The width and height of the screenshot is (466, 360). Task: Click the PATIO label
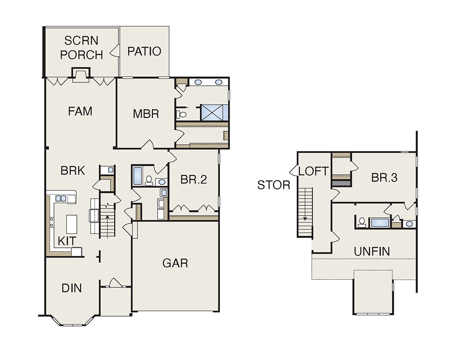pyautogui.click(x=144, y=51)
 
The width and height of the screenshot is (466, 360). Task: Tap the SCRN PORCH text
pyautogui.click(x=82, y=48)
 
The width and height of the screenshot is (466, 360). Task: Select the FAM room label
pyautogui.click(x=80, y=111)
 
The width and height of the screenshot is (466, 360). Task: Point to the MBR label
pyautogui.click(x=145, y=114)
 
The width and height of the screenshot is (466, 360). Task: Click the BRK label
pyautogui.click(x=73, y=170)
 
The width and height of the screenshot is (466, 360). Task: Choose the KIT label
pyautogui.click(x=67, y=241)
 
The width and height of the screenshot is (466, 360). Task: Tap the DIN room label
pyautogui.click(x=72, y=288)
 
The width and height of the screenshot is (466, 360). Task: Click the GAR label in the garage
pyautogui.click(x=175, y=263)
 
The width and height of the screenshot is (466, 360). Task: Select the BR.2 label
pyautogui.click(x=193, y=179)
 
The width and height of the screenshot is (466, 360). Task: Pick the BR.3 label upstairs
pyautogui.click(x=384, y=177)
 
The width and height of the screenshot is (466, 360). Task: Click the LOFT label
pyautogui.click(x=314, y=171)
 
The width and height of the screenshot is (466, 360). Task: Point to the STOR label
pyautogui.click(x=274, y=185)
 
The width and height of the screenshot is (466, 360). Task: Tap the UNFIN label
pyautogui.click(x=372, y=251)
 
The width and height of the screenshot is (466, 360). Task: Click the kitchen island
pyautogui.click(x=72, y=224)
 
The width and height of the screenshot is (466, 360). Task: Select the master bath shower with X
pyautogui.click(x=212, y=113)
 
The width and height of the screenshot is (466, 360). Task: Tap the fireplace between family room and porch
pyautogui.click(x=81, y=75)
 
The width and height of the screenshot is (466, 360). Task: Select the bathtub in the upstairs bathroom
pyautogui.click(x=379, y=223)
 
